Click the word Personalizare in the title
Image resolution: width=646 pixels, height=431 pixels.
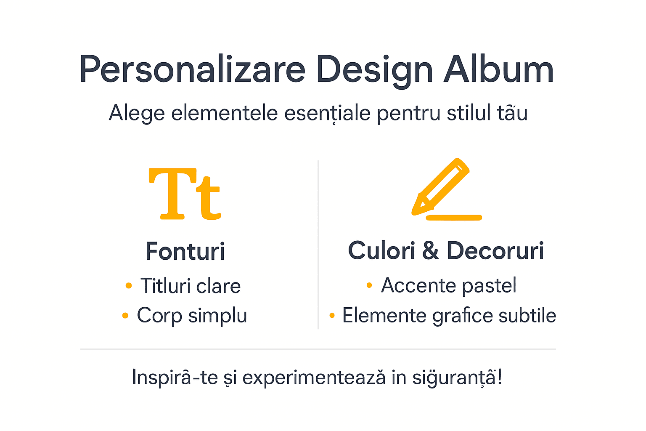click(192, 69)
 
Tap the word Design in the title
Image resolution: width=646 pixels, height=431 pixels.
click(374, 69)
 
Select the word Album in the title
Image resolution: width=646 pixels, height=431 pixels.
click(499, 69)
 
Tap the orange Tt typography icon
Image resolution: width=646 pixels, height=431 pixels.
click(185, 194)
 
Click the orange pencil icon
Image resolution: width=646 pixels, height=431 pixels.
click(440, 186)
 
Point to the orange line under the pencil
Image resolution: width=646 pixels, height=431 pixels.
click(454, 218)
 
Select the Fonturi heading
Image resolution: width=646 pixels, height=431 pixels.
click(185, 252)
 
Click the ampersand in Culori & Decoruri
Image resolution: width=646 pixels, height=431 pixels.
click(431, 251)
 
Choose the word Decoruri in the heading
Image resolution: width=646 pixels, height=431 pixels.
click(495, 251)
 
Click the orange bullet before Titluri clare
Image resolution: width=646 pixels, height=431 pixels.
click(129, 286)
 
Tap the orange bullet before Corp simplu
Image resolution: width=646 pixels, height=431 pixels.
click(125, 316)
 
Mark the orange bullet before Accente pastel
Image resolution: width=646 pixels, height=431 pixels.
click(369, 285)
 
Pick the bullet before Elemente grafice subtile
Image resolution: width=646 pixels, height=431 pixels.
click(332, 315)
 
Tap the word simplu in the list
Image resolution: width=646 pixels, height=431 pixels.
click(217, 316)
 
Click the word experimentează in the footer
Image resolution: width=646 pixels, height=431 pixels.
click(314, 378)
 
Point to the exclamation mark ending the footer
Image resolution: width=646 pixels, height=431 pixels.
click(499, 377)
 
